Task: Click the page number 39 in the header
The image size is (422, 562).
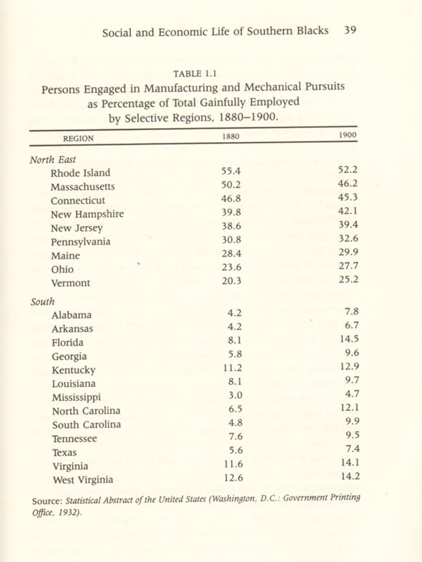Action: [x=351, y=30]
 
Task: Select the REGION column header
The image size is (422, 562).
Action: [x=78, y=138]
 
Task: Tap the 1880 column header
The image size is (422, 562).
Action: [x=231, y=136]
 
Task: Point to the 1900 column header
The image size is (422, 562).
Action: [x=349, y=136]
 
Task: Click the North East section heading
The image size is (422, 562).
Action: [x=53, y=159]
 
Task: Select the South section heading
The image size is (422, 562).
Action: [x=43, y=301]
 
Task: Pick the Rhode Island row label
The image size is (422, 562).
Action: [x=80, y=173]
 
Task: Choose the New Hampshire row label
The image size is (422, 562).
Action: [x=87, y=214]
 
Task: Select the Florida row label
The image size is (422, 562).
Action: [x=67, y=342]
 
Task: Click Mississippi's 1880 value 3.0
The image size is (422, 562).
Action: [x=235, y=396]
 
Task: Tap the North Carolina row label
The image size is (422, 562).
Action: [x=86, y=411]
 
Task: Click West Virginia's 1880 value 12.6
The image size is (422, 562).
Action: [x=232, y=479]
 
